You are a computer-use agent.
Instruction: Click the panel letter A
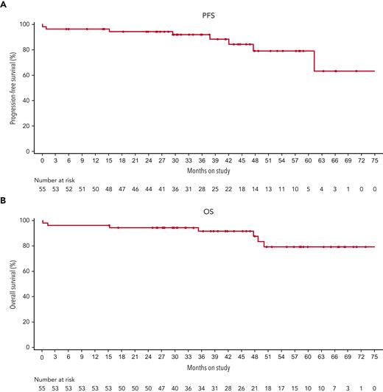coord(4,5)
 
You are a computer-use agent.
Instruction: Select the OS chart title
coord(208,209)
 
